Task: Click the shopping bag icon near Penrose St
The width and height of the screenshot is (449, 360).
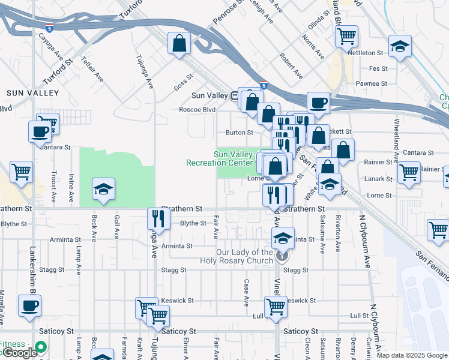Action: (179, 44)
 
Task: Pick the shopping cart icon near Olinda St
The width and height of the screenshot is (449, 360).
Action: (346, 36)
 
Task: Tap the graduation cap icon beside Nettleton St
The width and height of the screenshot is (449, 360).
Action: (399, 46)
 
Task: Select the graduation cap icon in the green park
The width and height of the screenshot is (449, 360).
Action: (103, 190)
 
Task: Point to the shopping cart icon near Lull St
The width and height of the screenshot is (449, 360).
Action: (276, 306)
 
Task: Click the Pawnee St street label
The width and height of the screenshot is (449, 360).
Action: (372, 83)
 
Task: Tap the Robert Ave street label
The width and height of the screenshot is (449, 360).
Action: (291, 66)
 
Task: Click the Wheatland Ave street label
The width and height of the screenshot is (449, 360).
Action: (396, 134)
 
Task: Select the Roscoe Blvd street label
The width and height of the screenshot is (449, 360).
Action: (197, 110)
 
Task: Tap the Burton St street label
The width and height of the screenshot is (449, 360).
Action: (239, 132)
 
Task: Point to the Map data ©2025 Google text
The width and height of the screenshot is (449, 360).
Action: (412, 355)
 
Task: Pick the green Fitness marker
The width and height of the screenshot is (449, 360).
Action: (40, 347)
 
